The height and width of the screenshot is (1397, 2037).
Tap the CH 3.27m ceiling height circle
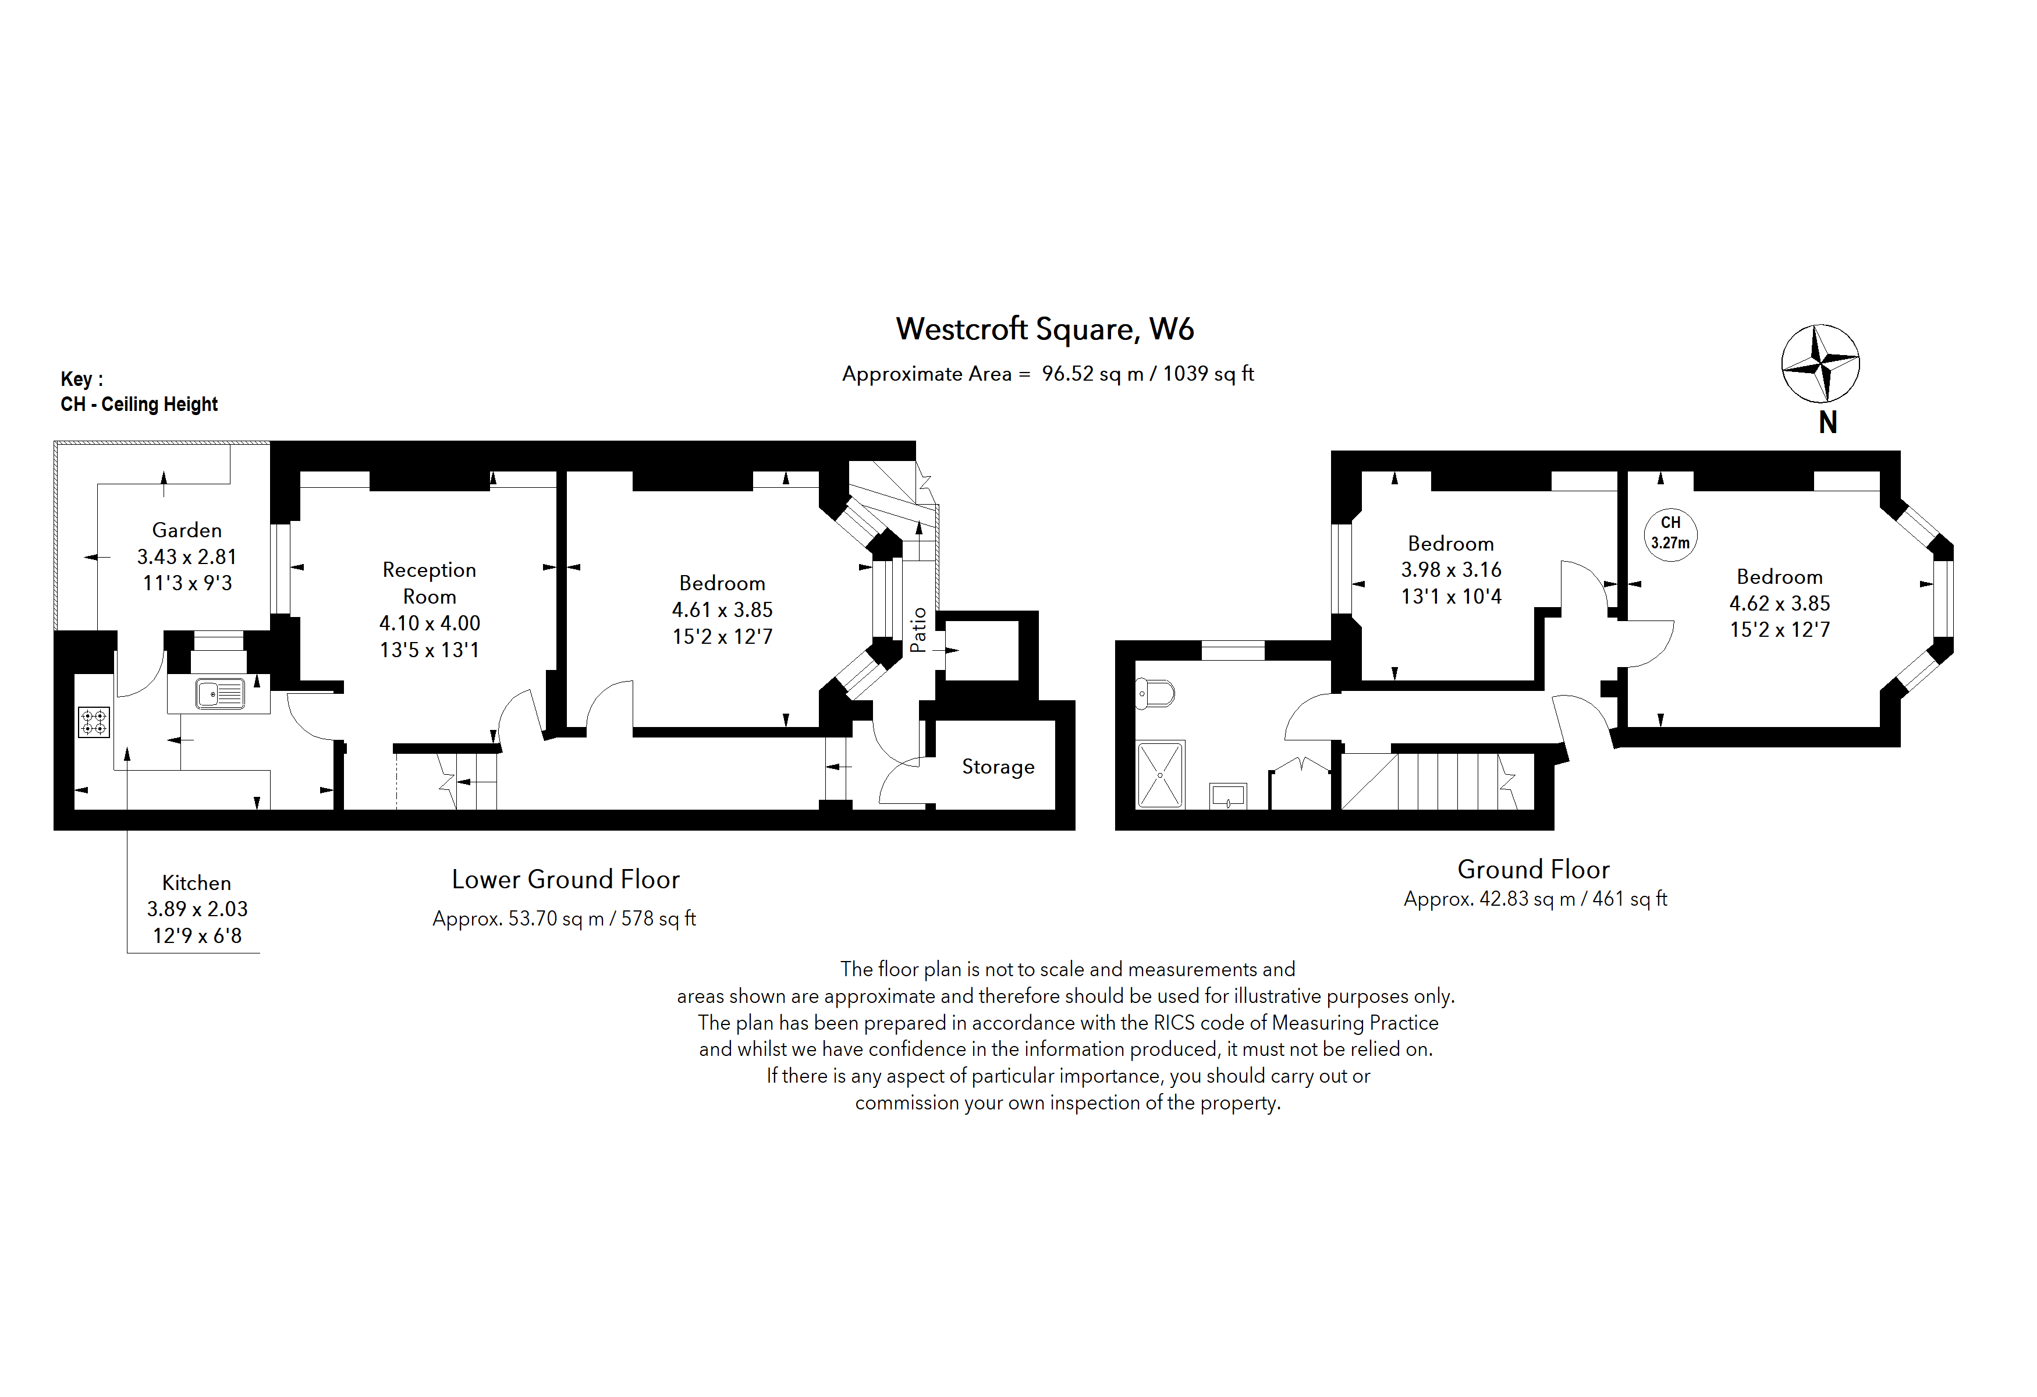[1670, 533]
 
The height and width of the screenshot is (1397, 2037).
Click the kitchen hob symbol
[94, 722]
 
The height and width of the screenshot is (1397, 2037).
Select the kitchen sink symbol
[220, 694]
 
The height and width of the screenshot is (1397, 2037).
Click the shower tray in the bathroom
[1159, 775]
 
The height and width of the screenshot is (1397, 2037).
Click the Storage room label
[998, 767]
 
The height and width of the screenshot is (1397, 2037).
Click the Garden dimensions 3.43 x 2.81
[187, 556]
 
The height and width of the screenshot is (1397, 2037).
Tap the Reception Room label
[430, 583]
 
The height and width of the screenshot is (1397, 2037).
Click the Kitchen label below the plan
[196, 882]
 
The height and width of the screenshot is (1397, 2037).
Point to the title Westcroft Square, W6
[1044, 329]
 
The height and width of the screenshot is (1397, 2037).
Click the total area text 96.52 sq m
[1092, 374]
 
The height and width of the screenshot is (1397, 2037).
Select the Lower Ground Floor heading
[565, 879]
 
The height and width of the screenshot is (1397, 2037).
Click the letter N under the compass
[1827, 423]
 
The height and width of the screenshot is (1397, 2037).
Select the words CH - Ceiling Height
[139, 404]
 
